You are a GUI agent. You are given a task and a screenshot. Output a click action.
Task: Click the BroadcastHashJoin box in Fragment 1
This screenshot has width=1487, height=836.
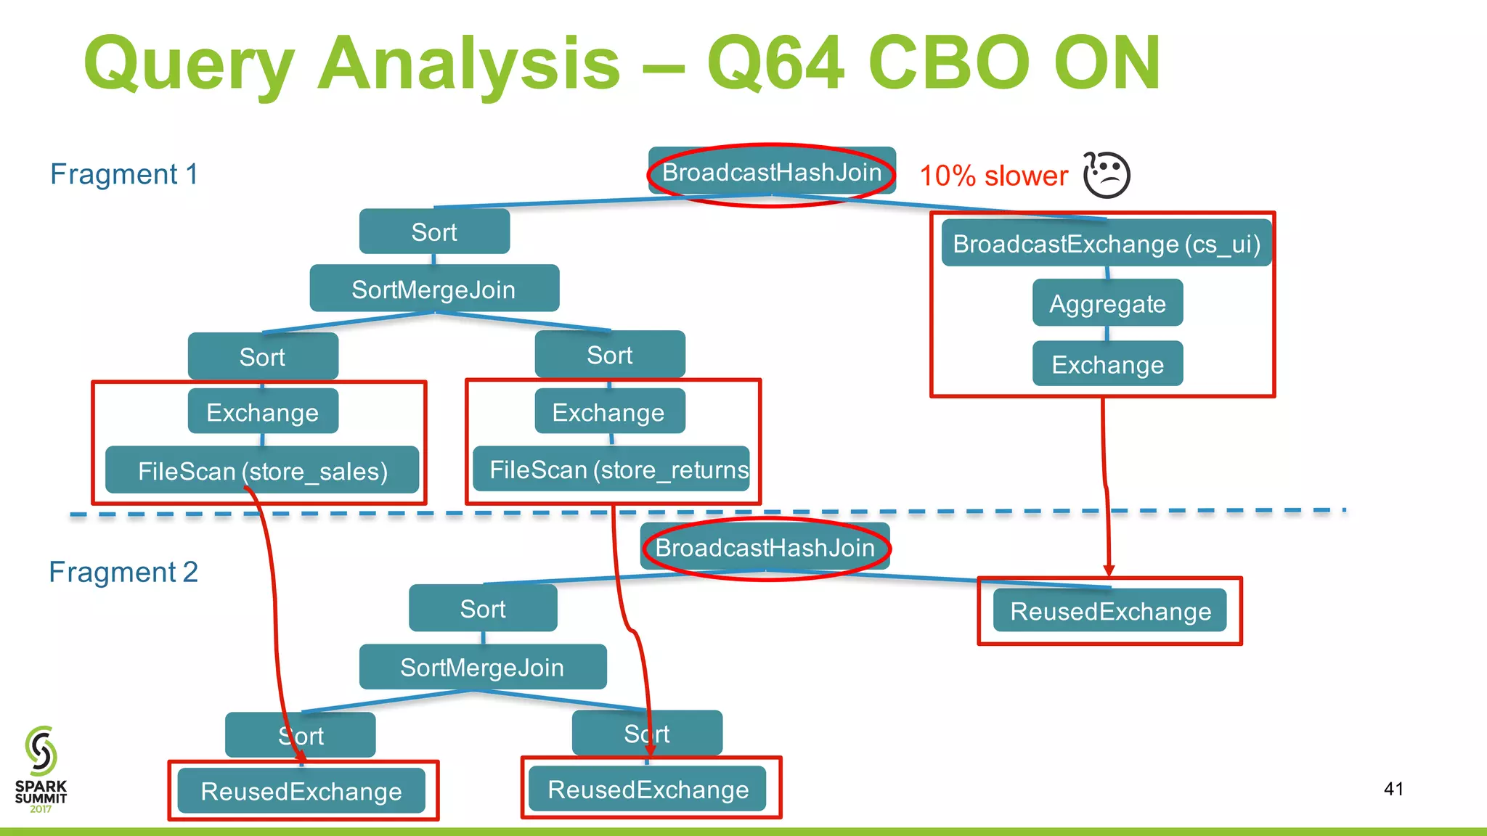(x=772, y=173)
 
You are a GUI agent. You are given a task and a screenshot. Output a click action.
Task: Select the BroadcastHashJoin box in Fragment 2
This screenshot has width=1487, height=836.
(x=765, y=548)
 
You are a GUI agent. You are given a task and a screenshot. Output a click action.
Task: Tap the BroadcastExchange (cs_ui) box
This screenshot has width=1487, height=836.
(x=1106, y=244)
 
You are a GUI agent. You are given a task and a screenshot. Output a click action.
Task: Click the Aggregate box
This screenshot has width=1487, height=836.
(x=1107, y=303)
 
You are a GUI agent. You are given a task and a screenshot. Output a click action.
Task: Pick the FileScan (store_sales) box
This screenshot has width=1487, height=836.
(x=262, y=471)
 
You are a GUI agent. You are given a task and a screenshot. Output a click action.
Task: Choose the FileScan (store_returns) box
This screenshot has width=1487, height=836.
(x=611, y=470)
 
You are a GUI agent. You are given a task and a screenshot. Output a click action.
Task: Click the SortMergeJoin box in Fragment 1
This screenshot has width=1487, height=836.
(x=433, y=289)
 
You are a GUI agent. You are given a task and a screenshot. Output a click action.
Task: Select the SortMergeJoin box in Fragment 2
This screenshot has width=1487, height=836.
(x=482, y=667)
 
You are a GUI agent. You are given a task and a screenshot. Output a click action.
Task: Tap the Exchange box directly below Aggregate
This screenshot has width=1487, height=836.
(x=1107, y=364)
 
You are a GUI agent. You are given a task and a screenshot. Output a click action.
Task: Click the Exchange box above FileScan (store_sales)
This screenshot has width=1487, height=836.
(x=262, y=412)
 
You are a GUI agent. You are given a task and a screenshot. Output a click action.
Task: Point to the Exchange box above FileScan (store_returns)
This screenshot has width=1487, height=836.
(x=608, y=412)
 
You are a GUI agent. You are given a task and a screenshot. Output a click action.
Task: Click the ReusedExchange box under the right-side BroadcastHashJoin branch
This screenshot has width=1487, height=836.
(x=1109, y=611)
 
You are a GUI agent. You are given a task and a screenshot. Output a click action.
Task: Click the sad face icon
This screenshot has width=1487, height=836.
(x=1107, y=175)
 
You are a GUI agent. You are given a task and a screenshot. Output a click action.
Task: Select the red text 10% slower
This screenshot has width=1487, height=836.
(x=993, y=176)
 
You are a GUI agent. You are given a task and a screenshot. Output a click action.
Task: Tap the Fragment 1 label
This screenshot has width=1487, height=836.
(x=123, y=174)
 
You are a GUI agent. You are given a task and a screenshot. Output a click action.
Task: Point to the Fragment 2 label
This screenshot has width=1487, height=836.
(x=123, y=572)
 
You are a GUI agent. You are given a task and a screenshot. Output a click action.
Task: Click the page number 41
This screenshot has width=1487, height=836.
(x=1393, y=789)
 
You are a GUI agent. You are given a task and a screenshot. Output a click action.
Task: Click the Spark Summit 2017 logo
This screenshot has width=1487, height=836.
(x=41, y=769)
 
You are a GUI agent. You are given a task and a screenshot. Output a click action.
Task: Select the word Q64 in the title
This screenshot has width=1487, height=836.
(x=775, y=64)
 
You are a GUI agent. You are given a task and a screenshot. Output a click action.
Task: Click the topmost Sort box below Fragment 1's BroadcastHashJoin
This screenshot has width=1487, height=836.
(x=434, y=232)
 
